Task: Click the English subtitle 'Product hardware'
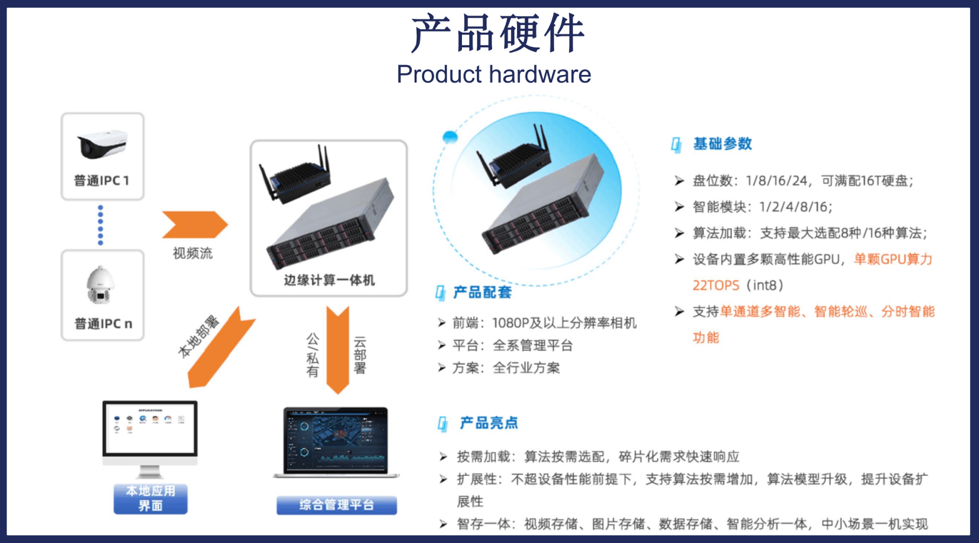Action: click(494, 74)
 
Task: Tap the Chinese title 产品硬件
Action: click(497, 33)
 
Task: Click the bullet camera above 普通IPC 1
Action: click(102, 144)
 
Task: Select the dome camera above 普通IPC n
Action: click(100, 285)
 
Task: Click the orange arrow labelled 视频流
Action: click(195, 225)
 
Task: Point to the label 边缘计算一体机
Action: click(329, 280)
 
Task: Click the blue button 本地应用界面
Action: click(150, 498)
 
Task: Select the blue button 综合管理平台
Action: click(337, 505)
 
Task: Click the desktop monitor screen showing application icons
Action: click(150, 428)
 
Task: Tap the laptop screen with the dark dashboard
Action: click(336, 441)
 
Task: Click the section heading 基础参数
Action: click(723, 144)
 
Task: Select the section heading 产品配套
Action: click(482, 292)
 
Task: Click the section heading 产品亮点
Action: click(489, 423)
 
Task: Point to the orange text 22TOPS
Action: click(715, 285)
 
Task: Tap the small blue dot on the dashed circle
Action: click(450, 137)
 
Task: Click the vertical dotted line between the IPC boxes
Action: click(100, 225)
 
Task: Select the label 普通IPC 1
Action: click(101, 181)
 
